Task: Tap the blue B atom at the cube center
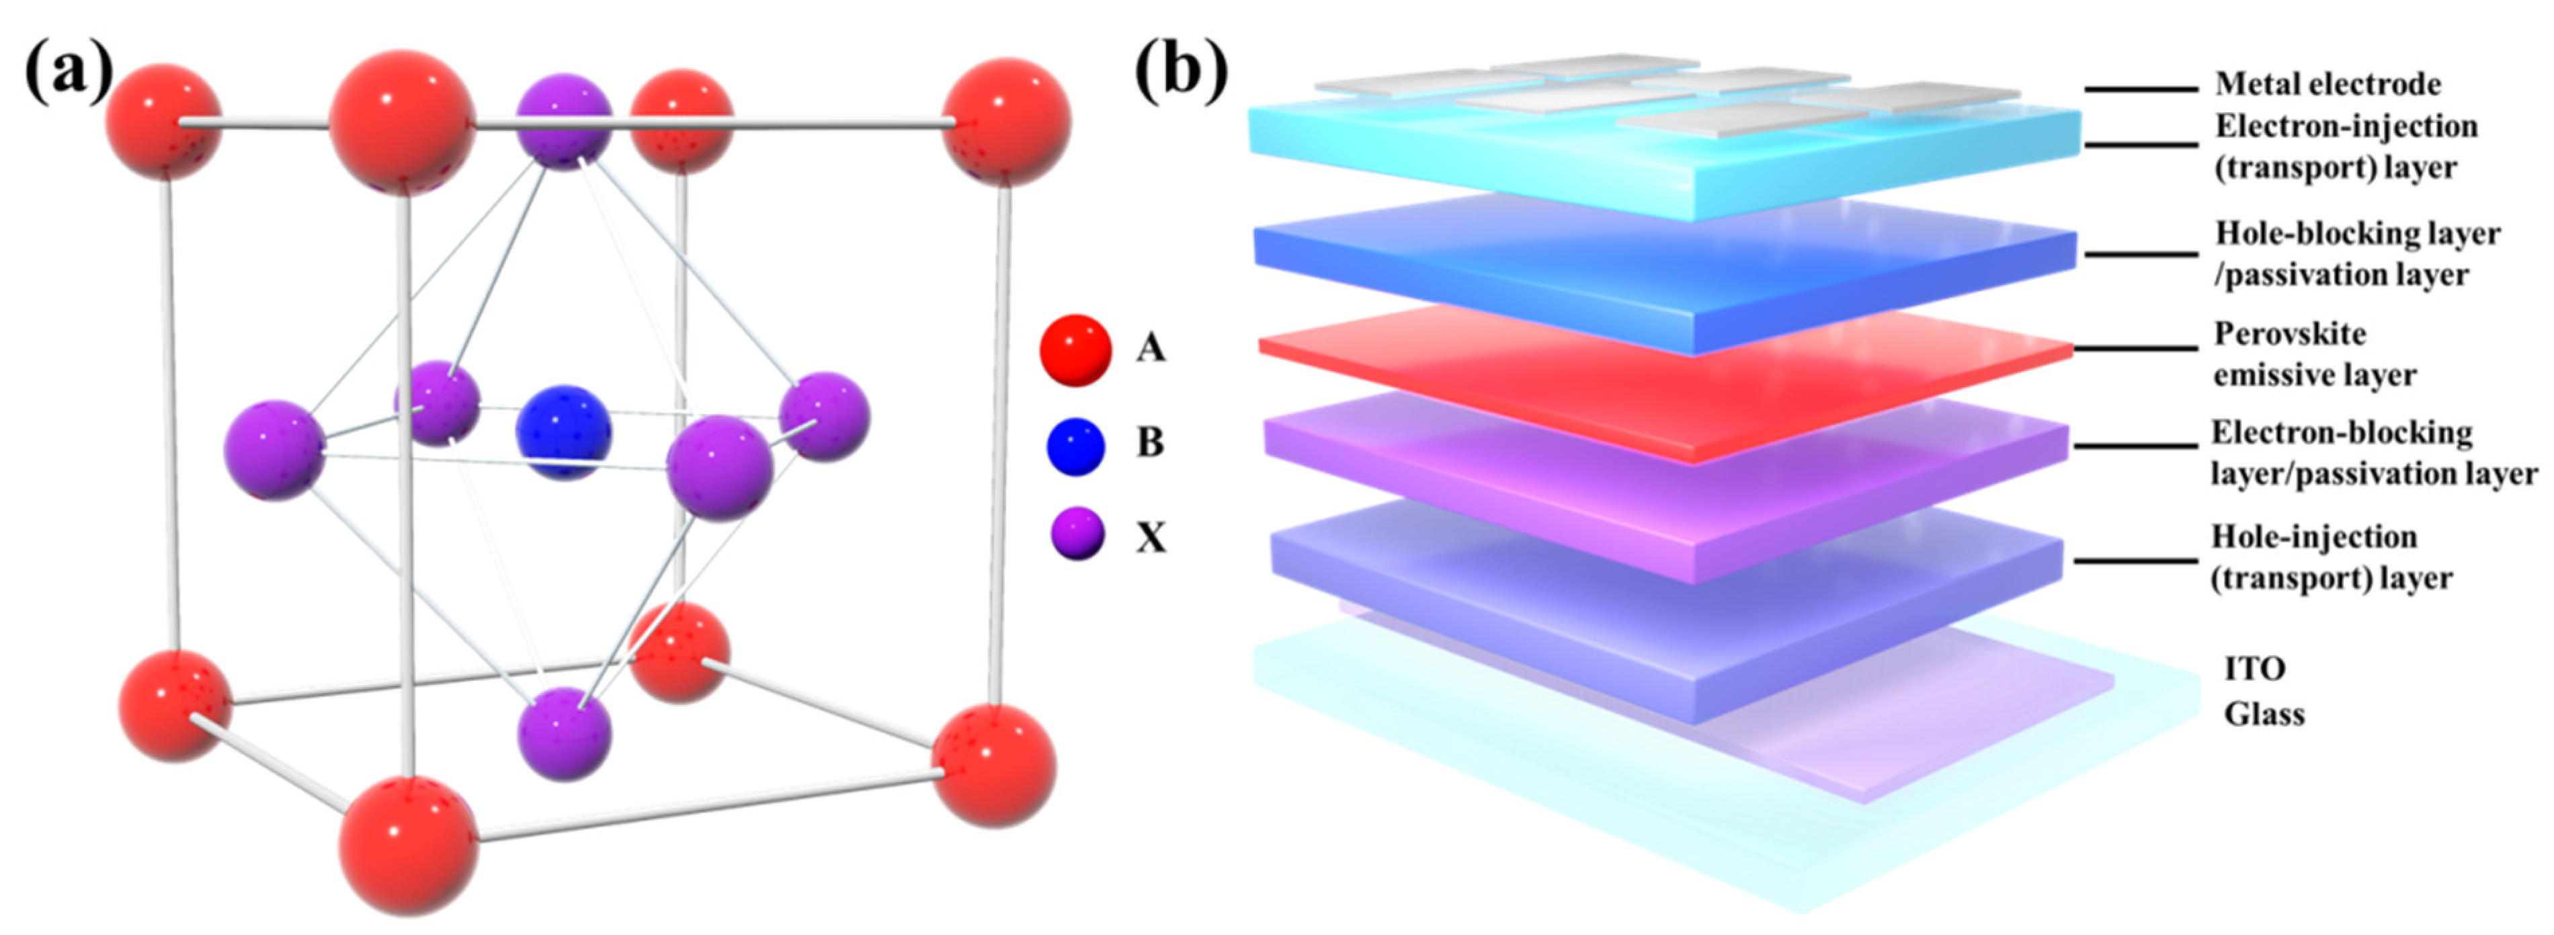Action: pos(563,432)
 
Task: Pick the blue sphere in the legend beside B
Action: pos(1075,445)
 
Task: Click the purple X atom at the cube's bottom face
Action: pos(564,733)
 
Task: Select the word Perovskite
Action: pos(2289,334)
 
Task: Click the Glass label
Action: pos(2264,714)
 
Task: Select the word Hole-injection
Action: pos(2314,536)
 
